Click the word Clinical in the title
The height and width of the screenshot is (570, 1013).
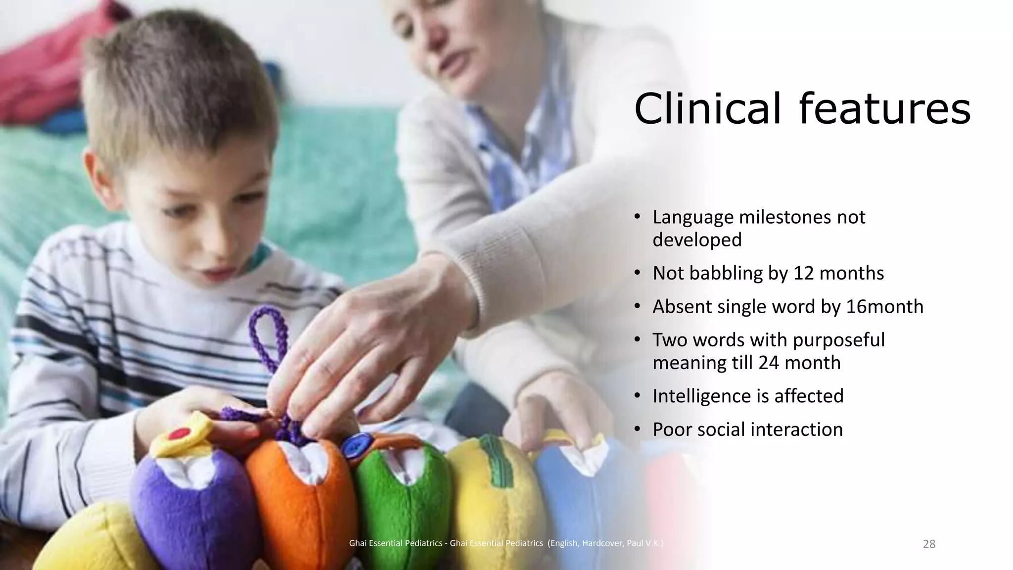click(708, 109)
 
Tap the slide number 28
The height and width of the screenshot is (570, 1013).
click(929, 544)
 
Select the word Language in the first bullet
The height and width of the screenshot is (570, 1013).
click(692, 217)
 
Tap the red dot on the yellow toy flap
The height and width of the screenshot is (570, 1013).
click(179, 434)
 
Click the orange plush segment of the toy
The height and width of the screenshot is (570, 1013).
click(299, 500)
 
